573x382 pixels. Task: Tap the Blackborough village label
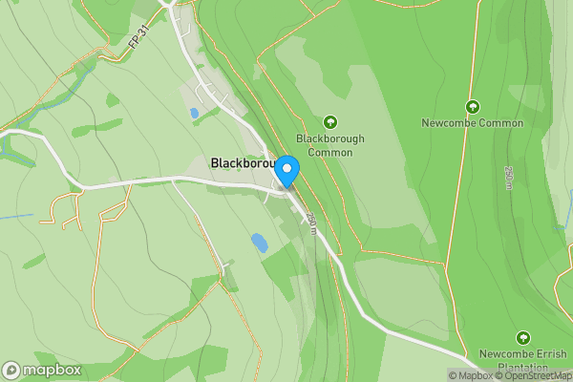tap(243, 163)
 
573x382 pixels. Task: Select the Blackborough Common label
tap(330, 145)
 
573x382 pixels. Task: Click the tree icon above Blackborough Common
tap(330, 121)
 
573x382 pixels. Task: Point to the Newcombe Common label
tap(472, 123)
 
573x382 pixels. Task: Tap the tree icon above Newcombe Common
tap(472, 106)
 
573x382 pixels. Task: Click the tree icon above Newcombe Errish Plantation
tap(522, 338)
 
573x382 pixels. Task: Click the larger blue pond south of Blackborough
tap(260, 243)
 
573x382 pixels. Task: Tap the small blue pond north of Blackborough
tap(195, 113)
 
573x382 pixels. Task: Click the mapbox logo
tap(41, 370)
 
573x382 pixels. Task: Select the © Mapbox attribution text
tap(470, 375)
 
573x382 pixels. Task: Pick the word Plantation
tap(522, 368)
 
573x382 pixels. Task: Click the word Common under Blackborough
tap(330, 153)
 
